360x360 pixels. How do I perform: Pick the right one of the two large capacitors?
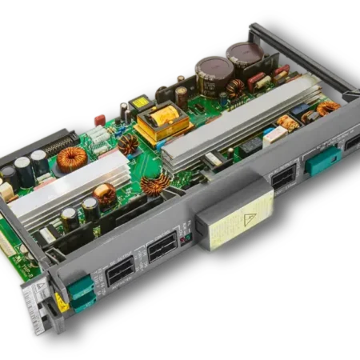point(244,56)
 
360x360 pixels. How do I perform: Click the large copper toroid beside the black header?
point(71,158)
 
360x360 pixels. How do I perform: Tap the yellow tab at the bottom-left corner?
point(62,302)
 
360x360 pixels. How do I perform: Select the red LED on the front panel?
point(182,238)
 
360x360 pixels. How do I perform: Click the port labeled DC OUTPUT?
point(120,272)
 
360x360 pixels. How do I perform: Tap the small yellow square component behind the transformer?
point(141,102)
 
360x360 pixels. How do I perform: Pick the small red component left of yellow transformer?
point(100,119)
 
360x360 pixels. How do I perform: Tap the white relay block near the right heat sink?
point(275,134)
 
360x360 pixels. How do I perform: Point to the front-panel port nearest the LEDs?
point(162,246)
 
